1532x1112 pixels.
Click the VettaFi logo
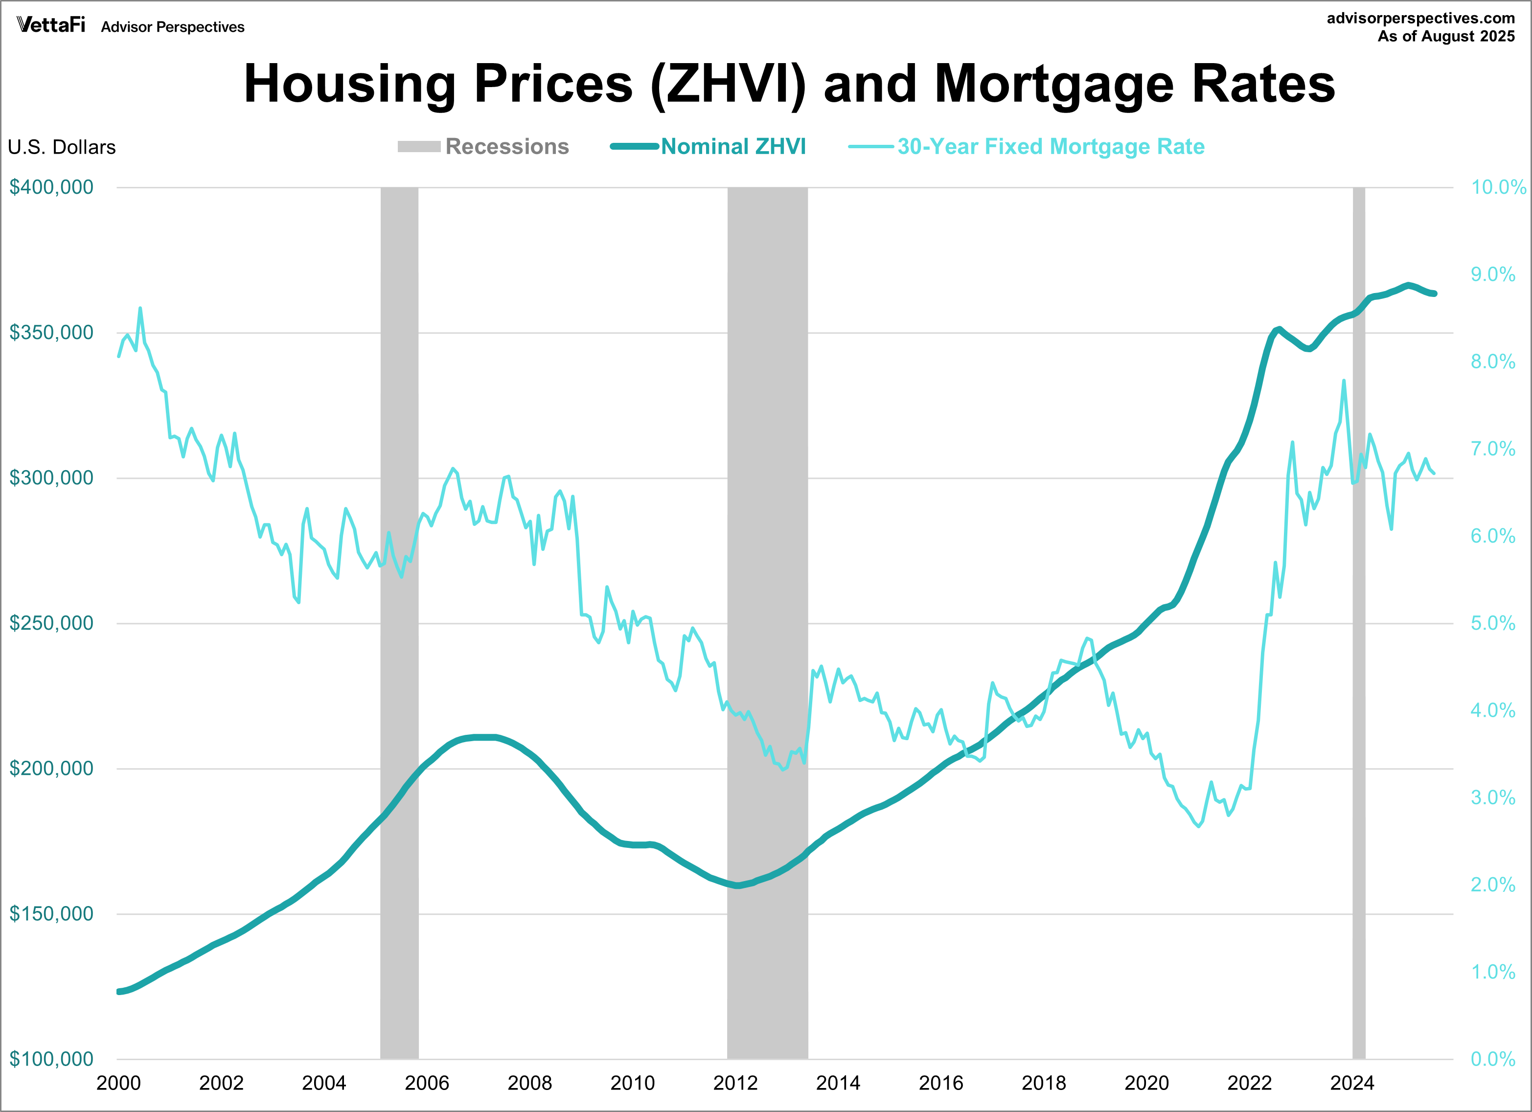[51, 25]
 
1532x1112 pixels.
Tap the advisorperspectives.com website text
[1420, 18]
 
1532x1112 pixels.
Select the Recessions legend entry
[483, 147]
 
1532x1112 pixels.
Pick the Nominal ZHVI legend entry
[709, 147]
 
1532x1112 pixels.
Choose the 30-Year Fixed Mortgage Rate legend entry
[1027, 147]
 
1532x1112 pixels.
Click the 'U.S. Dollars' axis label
[62, 147]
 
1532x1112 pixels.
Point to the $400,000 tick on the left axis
[51, 187]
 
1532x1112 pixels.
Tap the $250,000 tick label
[51, 623]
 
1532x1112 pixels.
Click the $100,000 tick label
[51, 1059]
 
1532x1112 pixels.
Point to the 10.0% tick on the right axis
[1498, 187]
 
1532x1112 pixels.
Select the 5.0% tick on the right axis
[1493, 623]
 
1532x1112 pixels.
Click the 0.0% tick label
[1493, 1059]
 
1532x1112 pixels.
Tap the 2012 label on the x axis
[735, 1084]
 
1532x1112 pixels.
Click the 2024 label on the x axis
[1351, 1084]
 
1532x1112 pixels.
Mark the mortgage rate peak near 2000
[140, 309]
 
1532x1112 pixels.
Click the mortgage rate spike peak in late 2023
[1344, 381]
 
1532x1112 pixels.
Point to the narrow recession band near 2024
[1358, 621]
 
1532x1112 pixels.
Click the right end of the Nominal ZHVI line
[1434, 294]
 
